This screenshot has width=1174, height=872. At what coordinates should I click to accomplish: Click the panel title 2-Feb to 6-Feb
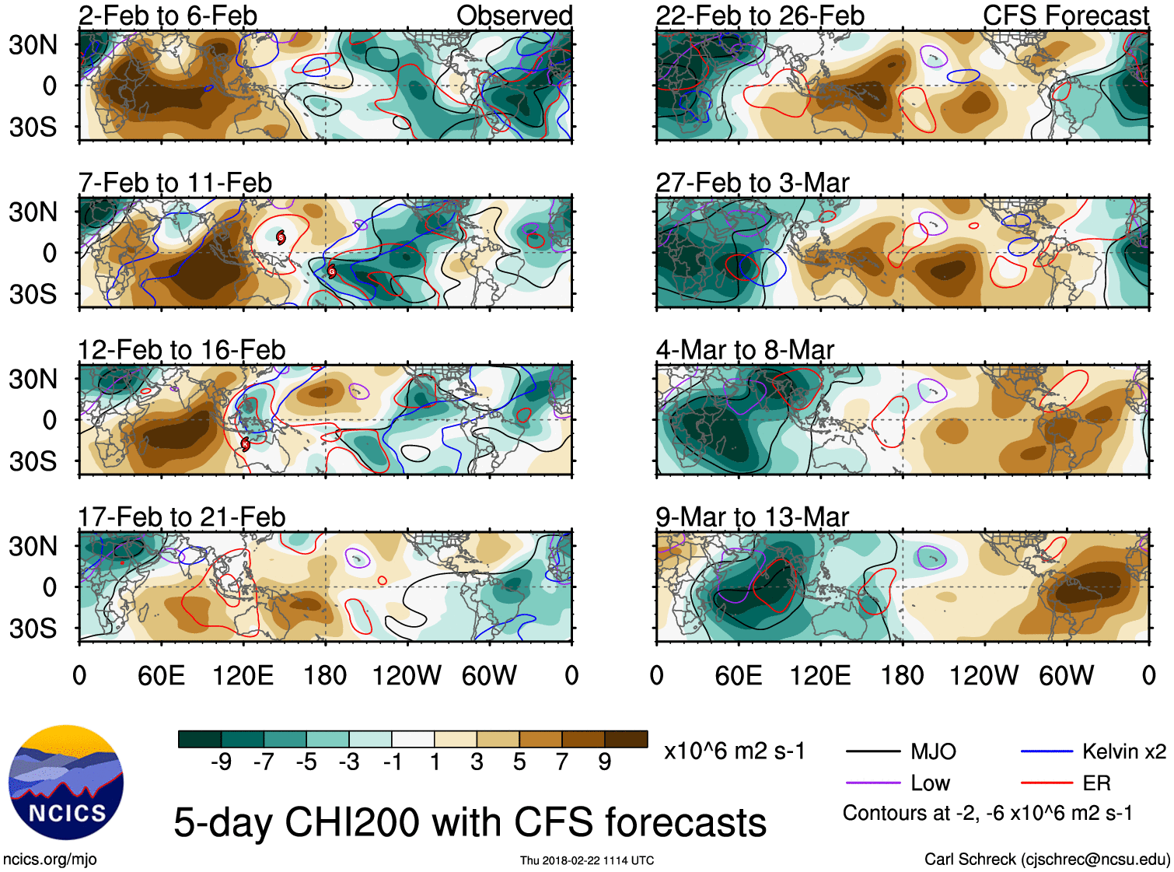tap(167, 16)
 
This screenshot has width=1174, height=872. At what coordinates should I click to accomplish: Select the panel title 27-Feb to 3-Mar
tap(752, 183)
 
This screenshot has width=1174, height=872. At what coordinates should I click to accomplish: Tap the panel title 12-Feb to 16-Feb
tap(181, 350)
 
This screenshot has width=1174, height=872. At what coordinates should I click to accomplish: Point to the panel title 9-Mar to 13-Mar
tap(752, 517)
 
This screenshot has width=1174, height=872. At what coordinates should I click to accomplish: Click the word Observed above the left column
tap(514, 16)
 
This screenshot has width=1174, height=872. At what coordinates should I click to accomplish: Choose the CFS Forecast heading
tap(1065, 16)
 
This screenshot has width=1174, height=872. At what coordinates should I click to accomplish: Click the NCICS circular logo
tap(66, 782)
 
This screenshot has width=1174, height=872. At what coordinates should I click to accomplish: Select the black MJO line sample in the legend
tap(873, 751)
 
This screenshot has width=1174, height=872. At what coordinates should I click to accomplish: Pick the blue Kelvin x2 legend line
tap(1046, 751)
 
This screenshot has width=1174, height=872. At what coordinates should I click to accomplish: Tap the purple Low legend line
tap(873, 783)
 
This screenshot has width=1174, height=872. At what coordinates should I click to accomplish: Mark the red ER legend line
tap(1046, 783)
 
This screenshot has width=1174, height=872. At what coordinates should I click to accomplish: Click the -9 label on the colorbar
tap(221, 762)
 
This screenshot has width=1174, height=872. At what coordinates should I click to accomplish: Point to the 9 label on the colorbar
tap(605, 762)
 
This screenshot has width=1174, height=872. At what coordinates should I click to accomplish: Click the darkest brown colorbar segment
tap(626, 739)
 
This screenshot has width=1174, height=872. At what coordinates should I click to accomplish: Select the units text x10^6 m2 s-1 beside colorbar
tap(734, 751)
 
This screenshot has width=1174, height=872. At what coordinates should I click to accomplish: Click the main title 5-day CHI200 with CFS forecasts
tap(470, 822)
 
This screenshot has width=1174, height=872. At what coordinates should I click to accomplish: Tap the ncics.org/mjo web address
tap(50, 860)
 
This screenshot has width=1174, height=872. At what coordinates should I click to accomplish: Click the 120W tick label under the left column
tap(407, 675)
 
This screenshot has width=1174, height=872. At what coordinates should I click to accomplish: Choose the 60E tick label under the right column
tap(738, 675)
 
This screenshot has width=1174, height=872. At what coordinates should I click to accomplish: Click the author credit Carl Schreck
tap(1046, 860)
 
